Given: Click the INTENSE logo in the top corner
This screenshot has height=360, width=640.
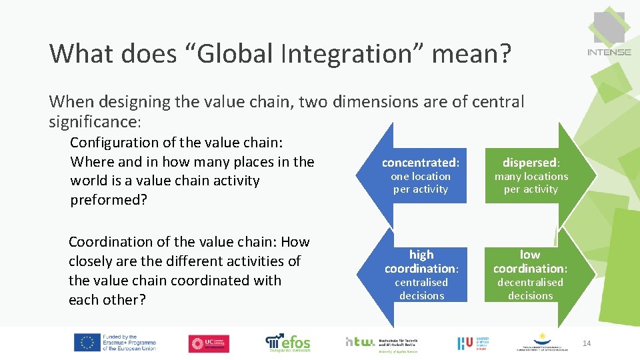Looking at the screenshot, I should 608,33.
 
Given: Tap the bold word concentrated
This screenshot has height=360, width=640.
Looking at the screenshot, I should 421,163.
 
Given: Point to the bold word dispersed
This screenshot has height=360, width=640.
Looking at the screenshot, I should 530,163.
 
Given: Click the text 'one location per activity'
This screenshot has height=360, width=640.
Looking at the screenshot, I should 421,183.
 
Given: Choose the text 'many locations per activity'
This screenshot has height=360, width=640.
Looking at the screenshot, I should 531,183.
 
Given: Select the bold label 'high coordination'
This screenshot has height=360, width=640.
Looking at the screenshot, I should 421,261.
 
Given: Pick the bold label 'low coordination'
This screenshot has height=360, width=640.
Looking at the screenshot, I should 530,261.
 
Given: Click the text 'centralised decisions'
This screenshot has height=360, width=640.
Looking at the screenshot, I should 421,289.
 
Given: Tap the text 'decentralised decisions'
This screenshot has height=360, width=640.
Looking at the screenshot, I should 530,289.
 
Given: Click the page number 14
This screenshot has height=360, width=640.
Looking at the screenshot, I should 587,343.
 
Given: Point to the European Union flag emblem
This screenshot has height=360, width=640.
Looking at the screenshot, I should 87,343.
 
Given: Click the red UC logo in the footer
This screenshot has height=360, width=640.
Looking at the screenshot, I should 209,343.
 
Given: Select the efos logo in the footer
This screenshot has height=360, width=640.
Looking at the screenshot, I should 288,342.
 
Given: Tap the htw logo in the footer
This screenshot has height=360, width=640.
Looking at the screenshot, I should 361,341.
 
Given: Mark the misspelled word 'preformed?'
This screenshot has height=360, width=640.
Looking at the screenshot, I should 108,200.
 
